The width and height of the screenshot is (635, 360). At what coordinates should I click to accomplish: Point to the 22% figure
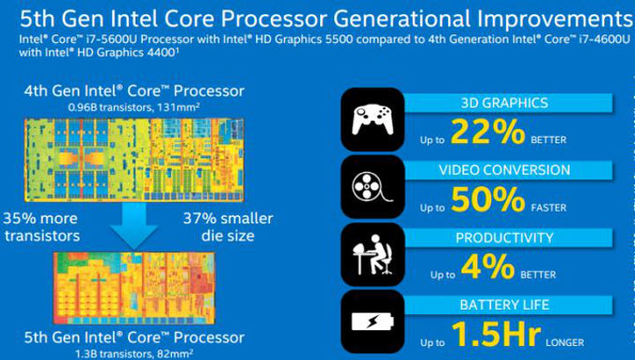pyautogui.click(x=488, y=131)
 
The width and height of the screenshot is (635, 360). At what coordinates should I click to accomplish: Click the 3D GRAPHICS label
pyautogui.click(x=511, y=102)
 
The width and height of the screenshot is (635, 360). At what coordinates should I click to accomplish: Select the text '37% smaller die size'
pyautogui.click(x=228, y=227)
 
